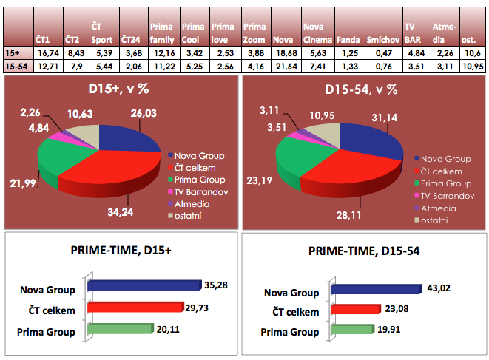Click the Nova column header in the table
(283, 38)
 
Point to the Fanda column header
(348, 38)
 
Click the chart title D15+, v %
(120, 90)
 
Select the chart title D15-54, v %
(362, 90)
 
